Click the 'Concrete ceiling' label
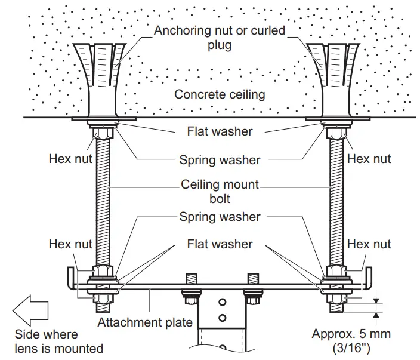point(220,94)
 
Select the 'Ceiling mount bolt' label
point(220,191)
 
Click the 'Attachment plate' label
point(145,323)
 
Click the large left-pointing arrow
point(30,312)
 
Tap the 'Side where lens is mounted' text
point(58,341)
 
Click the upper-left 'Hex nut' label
point(70,159)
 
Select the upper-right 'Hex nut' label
point(369,159)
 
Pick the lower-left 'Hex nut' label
point(70,244)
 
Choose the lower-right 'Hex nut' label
point(369,244)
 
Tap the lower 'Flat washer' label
point(220,244)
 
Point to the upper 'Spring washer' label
point(220,159)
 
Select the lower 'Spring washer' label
point(220,216)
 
